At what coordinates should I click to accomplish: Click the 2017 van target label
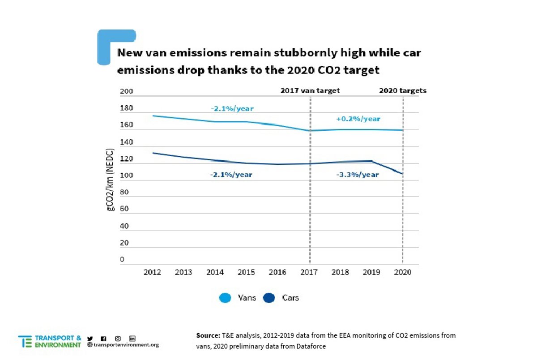310,90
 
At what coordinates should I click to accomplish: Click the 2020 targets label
403,90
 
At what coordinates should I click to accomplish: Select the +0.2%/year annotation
358,119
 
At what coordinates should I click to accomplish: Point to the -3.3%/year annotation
357,175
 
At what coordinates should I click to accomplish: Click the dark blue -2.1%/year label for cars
231,175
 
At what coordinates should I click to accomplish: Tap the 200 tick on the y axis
127,91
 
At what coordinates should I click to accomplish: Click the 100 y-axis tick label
127,176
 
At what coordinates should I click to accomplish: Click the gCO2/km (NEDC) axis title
111,184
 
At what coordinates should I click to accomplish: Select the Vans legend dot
226,298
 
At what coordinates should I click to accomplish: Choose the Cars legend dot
269,298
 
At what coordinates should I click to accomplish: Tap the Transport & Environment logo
50,342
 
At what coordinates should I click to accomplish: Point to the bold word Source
208,335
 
